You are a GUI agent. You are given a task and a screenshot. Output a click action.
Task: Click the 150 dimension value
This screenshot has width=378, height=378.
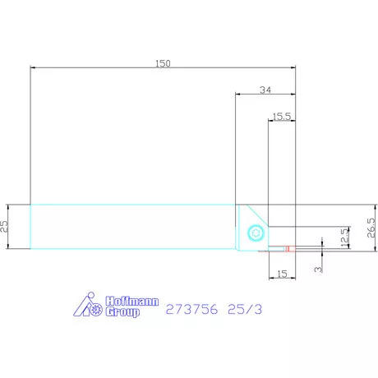[x=163, y=63]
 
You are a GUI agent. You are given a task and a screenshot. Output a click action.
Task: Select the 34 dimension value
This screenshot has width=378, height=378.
[x=265, y=90]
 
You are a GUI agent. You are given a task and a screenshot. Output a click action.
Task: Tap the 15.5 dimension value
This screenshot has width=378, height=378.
[x=282, y=117]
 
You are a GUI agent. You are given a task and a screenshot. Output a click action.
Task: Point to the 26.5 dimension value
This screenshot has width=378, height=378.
[x=371, y=228]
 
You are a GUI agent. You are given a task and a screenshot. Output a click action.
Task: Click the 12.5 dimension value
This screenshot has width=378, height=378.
[x=344, y=237]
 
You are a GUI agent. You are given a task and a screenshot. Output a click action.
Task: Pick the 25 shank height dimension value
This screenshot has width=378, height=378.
[x=4, y=227]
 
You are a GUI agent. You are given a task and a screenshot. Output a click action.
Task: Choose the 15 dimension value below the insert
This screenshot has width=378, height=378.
[x=282, y=274]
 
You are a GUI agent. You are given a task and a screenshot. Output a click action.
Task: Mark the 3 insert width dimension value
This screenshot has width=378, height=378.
[x=318, y=270]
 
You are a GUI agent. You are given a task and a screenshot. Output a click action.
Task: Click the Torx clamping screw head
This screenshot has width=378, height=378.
[x=256, y=233]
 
